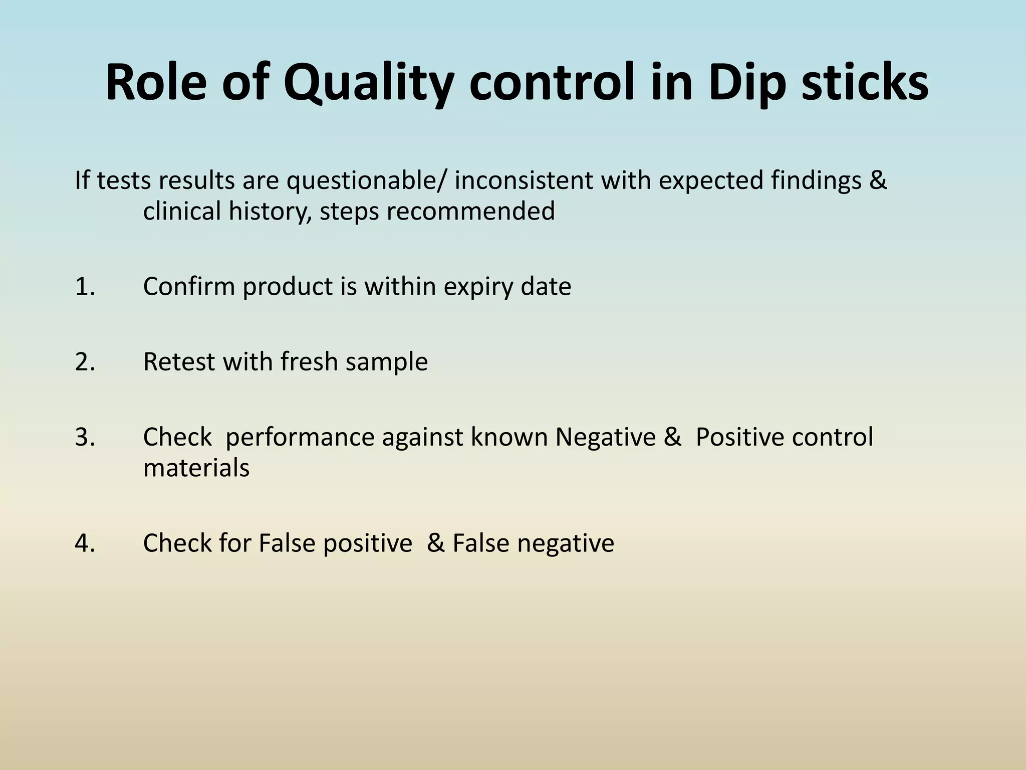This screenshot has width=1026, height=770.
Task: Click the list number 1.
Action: (x=85, y=287)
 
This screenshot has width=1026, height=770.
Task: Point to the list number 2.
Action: (x=85, y=362)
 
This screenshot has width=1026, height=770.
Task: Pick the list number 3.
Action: (x=85, y=437)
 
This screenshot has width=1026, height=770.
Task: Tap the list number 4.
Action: (x=85, y=543)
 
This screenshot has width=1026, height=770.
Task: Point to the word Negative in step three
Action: (x=605, y=437)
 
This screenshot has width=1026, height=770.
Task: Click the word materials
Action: (x=196, y=468)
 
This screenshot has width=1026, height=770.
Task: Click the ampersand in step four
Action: (x=435, y=543)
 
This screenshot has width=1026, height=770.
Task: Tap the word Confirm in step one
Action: (x=189, y=287)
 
